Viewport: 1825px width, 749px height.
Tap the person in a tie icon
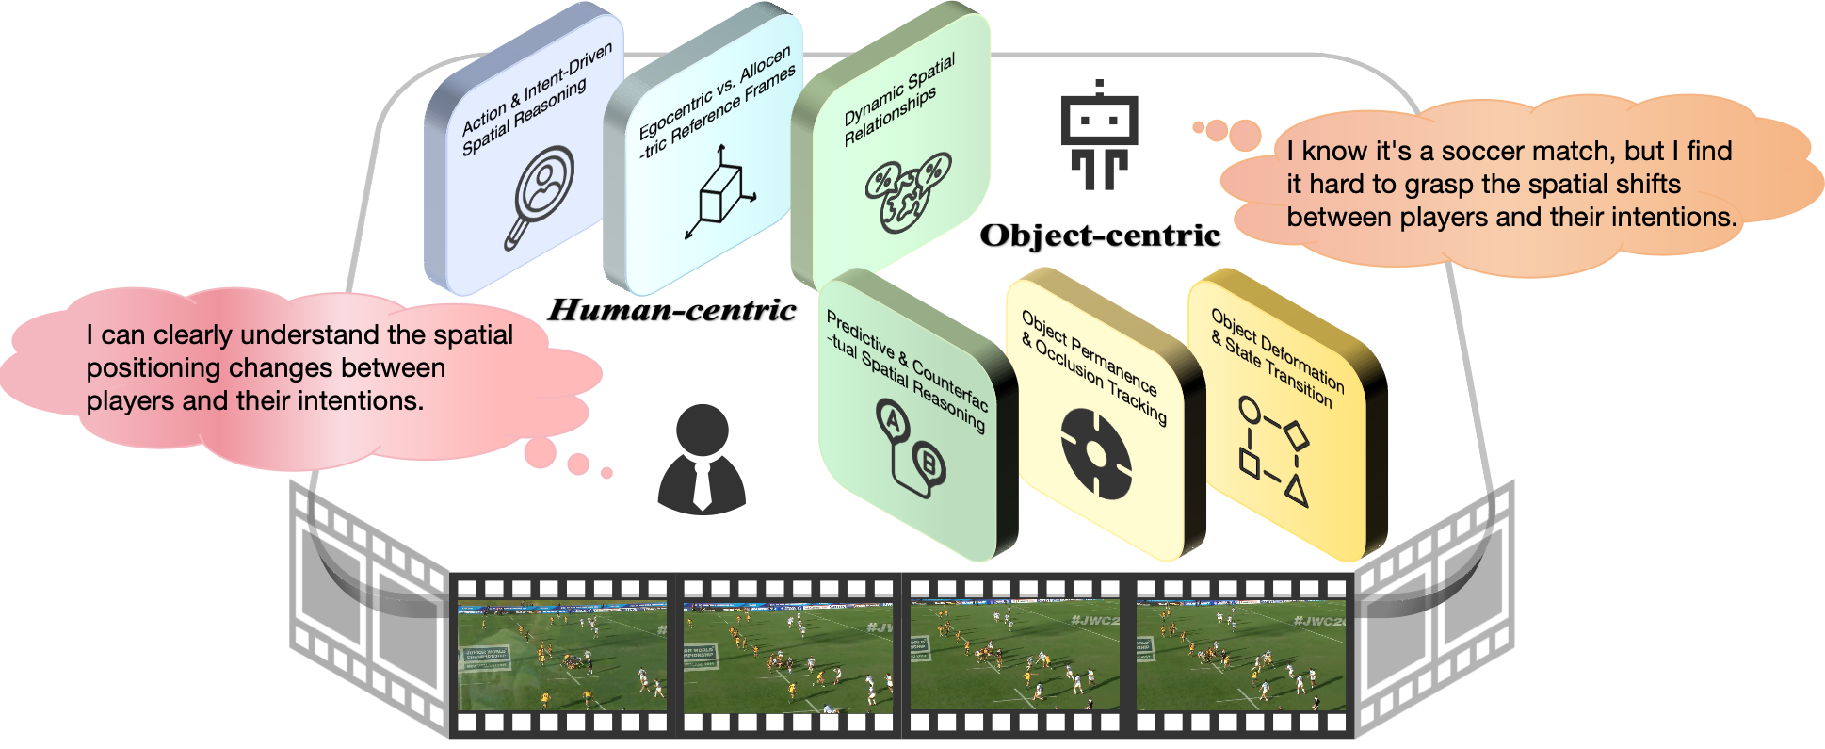pos(702,459)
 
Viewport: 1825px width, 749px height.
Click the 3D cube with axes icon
pos(721,194)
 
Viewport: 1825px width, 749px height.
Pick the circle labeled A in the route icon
pos(892,421)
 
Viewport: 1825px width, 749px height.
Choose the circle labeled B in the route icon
pos(929,463)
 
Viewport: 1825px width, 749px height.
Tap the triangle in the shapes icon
pos(1297,491)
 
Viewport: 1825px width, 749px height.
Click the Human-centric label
pos(672,310)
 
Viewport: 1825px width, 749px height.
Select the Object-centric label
pos(1100,236)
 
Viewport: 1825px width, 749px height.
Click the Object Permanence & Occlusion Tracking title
pos(1092,366)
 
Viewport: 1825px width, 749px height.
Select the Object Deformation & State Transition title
pos(1276,357)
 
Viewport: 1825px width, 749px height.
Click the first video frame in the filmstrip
pos(562,654)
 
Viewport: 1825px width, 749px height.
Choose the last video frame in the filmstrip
pos(1242,654)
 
